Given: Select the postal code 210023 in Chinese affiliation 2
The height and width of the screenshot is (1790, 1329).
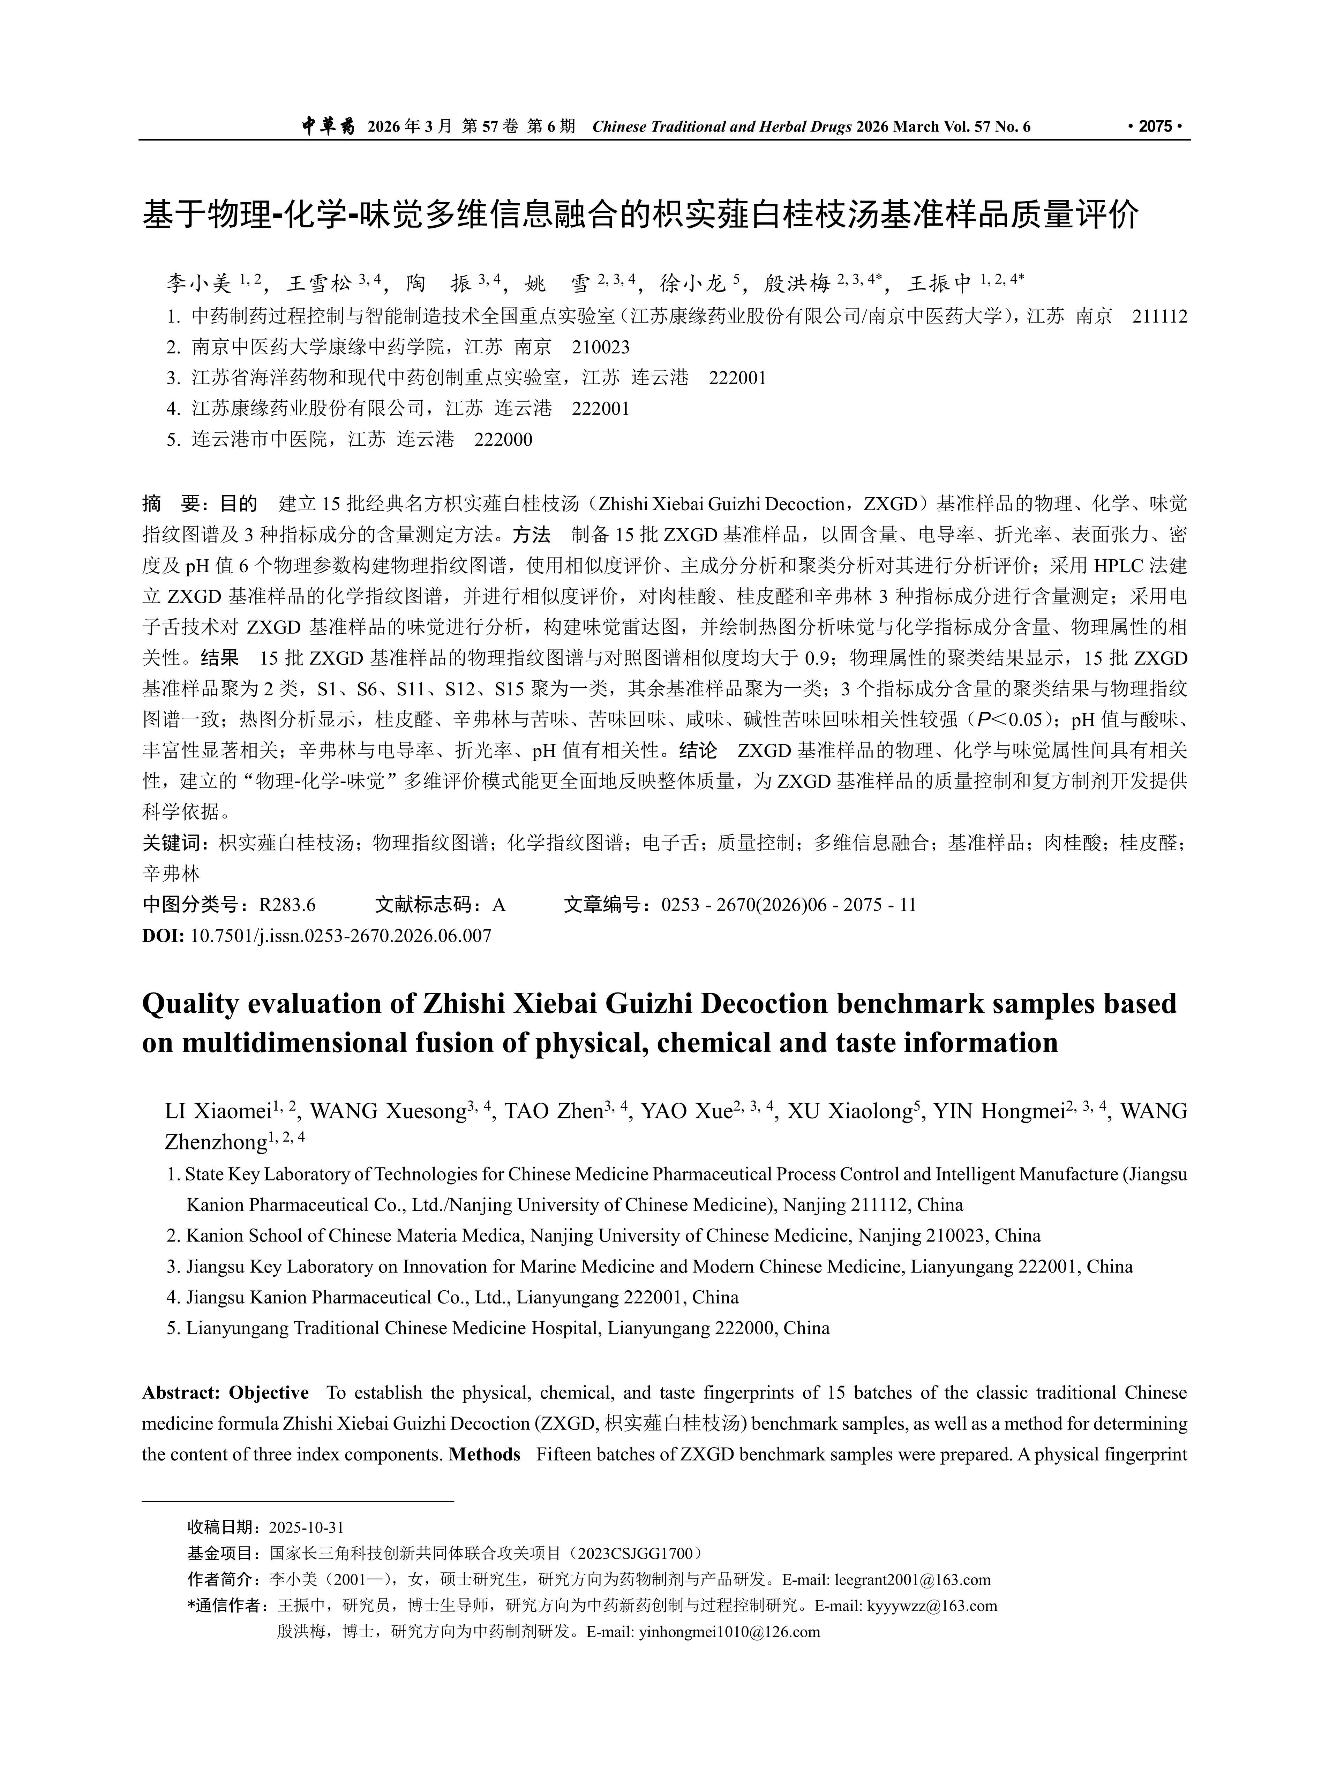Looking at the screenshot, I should (601, 347).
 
